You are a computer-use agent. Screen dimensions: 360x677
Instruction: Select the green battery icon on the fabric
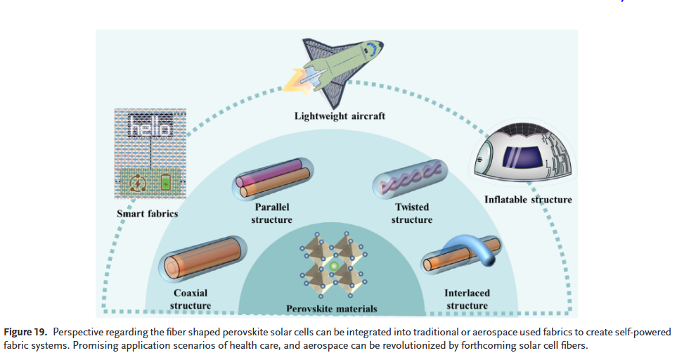point(165,184)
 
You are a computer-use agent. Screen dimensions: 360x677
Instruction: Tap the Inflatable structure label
point(528,200)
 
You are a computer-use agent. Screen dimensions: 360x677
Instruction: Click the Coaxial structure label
point(191,299)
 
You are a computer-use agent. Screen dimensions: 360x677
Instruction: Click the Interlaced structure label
point(467,299)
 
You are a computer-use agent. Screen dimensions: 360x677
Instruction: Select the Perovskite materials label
point(332,309)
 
